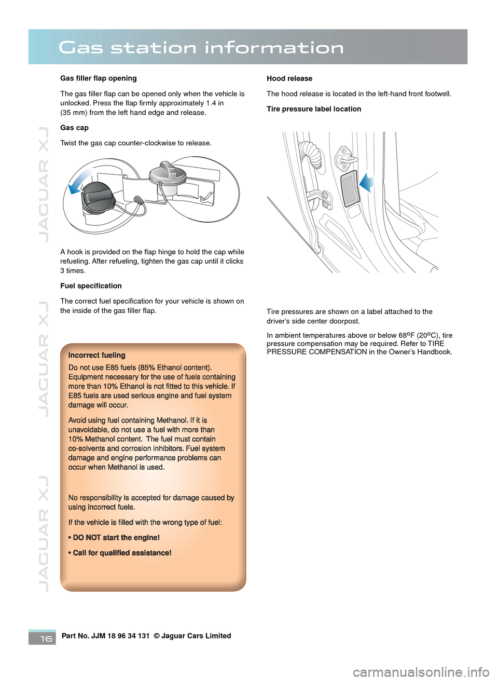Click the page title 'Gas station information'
click(201, 48)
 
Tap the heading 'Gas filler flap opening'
click(99, 78)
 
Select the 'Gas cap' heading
click(74, 128)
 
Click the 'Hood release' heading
click(289, 78)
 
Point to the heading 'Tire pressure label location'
click(314, 109)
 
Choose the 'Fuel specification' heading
click(91, 286)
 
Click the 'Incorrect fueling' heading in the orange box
click(97, 356)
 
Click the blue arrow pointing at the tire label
click(367, 183)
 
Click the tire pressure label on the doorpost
click(350, 188)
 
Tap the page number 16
click(46, 638)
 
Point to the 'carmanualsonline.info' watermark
click(421, 673)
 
